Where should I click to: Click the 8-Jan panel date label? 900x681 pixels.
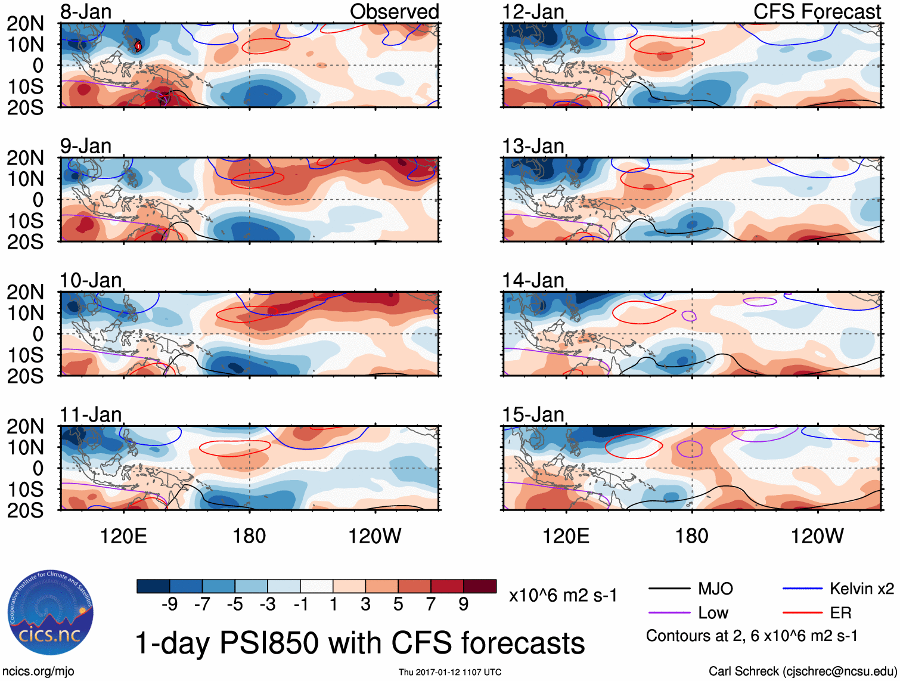click(x=86, y=12)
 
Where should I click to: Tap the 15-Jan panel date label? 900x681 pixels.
click(x=533, y=414)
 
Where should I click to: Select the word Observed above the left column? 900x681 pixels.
click(x=394, y=12)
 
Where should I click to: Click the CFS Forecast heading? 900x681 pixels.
click(x=817, y=12)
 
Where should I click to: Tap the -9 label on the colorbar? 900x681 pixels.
click(x=170, y=605)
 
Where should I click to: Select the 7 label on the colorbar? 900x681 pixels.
click(x=431, y=605)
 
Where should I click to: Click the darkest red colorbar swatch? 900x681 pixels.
click(x=480, y=586)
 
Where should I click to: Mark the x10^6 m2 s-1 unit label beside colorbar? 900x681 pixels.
click(x=563, y=596)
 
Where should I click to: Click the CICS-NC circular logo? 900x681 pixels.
click(x=51, y=613)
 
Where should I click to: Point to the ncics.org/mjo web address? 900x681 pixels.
click(x=38, y=671)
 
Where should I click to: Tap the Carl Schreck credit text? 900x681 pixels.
click(x=802, y=671)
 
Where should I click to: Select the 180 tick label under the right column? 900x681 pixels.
click(x=691, y=536)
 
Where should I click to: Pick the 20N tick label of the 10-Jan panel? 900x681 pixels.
click(x=25, y=292)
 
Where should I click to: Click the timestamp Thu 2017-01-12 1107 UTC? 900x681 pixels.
click(x=450, y=672)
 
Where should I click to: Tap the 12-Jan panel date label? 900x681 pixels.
click(x=533, y=12)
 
